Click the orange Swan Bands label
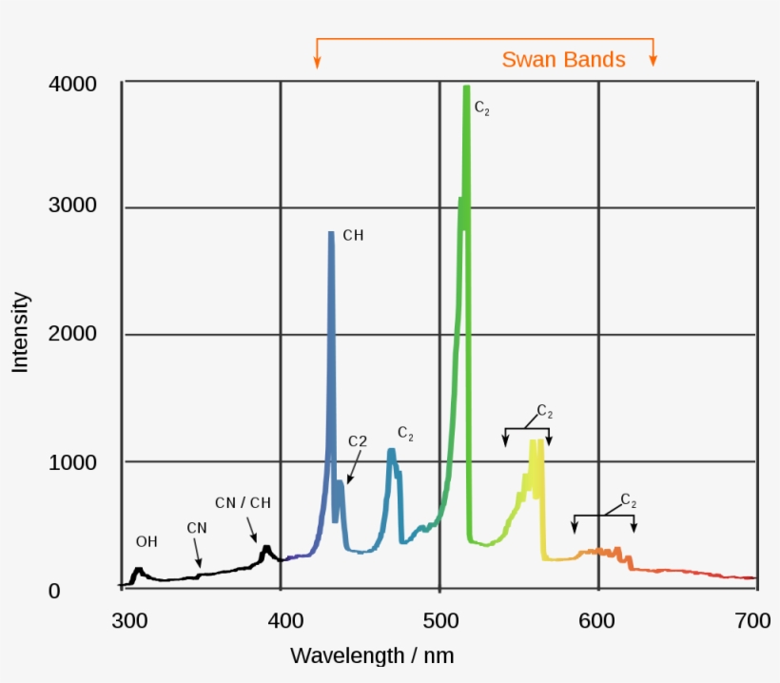[563, 60]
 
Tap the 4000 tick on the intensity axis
[72, 85]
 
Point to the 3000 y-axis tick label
[72, 207]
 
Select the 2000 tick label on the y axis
[72, 334]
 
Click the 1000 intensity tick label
[72, 462]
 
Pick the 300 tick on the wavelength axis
[127, 622]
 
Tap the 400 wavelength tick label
[283, 622]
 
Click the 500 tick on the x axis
[439, 622]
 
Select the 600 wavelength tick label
[598, 622]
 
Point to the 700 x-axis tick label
[752, 622]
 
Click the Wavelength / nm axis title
[372, 655]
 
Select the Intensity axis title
[21, 332]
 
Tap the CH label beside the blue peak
[353, 235]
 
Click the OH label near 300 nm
[146, 542]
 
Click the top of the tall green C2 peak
[466, 88]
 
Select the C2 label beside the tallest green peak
[482, 109]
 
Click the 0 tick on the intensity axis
[54, 592]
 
